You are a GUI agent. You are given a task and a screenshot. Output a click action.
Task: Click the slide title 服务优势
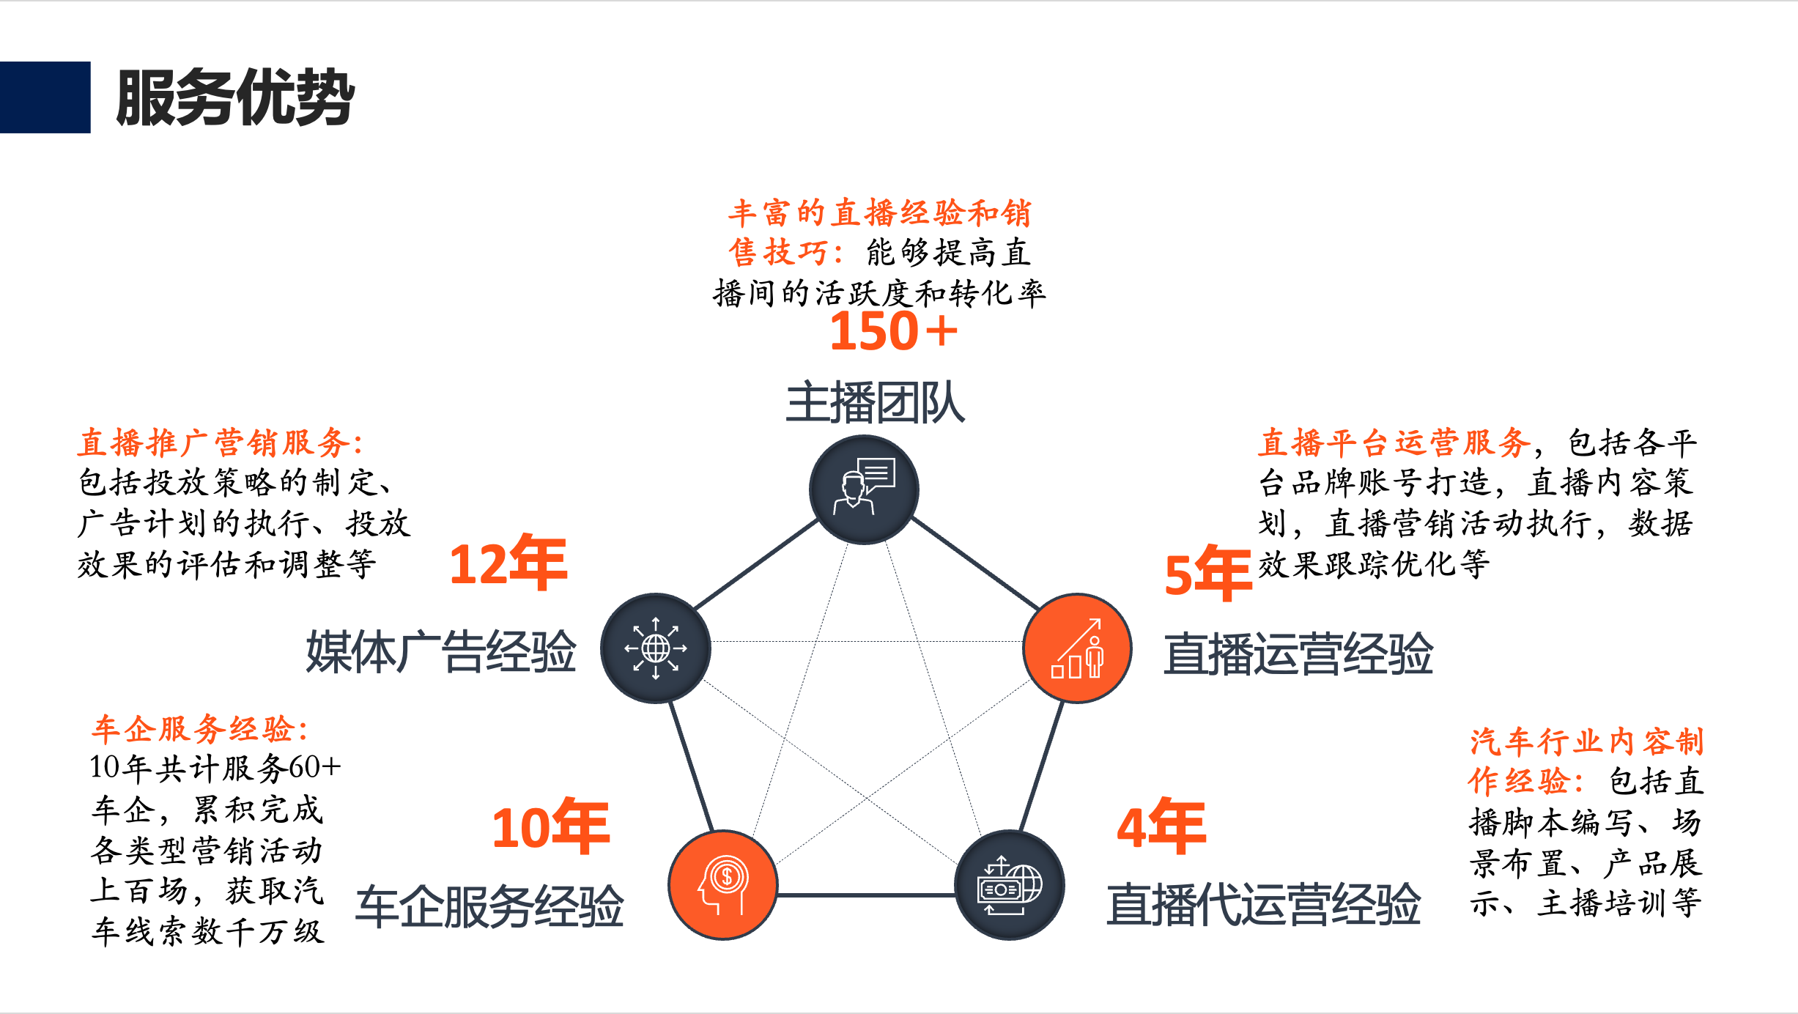click(x=234, y=97)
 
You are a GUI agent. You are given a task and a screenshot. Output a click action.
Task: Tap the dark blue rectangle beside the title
click(x=45, y=97)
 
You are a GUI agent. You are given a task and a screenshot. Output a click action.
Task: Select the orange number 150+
click(x=893, y=331)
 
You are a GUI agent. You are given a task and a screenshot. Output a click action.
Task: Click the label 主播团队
click(x=875, y=403)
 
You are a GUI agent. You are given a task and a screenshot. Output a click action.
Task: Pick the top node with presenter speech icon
click(x=864, y=489)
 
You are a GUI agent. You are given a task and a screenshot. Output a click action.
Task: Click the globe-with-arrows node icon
click(x=655, y=648)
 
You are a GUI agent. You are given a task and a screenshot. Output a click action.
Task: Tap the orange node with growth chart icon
click(x=1076, y=648)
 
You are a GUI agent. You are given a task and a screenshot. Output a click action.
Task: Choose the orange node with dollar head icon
click(x=723, y=884)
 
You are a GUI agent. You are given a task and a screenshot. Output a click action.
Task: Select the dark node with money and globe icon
click(x=1010, y=884)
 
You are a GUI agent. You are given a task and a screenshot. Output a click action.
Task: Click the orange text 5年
click(x=1207, y=574)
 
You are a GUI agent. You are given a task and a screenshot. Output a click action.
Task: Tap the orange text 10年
click(x=550, y=826)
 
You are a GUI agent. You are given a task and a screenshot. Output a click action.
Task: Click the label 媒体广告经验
click(x=441, y=651)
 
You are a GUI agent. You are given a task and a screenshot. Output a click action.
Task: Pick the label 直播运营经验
click(x=1298, y=654)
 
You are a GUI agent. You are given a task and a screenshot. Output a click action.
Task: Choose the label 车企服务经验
click(x=489, y=906)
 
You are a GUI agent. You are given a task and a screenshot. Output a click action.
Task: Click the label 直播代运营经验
click(x=1263, y=905)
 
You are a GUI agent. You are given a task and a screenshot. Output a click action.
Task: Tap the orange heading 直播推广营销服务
click(x=220, y=443)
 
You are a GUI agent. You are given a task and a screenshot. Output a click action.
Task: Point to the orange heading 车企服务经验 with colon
click(x=199, y=729)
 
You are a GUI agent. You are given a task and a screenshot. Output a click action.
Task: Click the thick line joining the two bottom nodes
click(x=866, y=895)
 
